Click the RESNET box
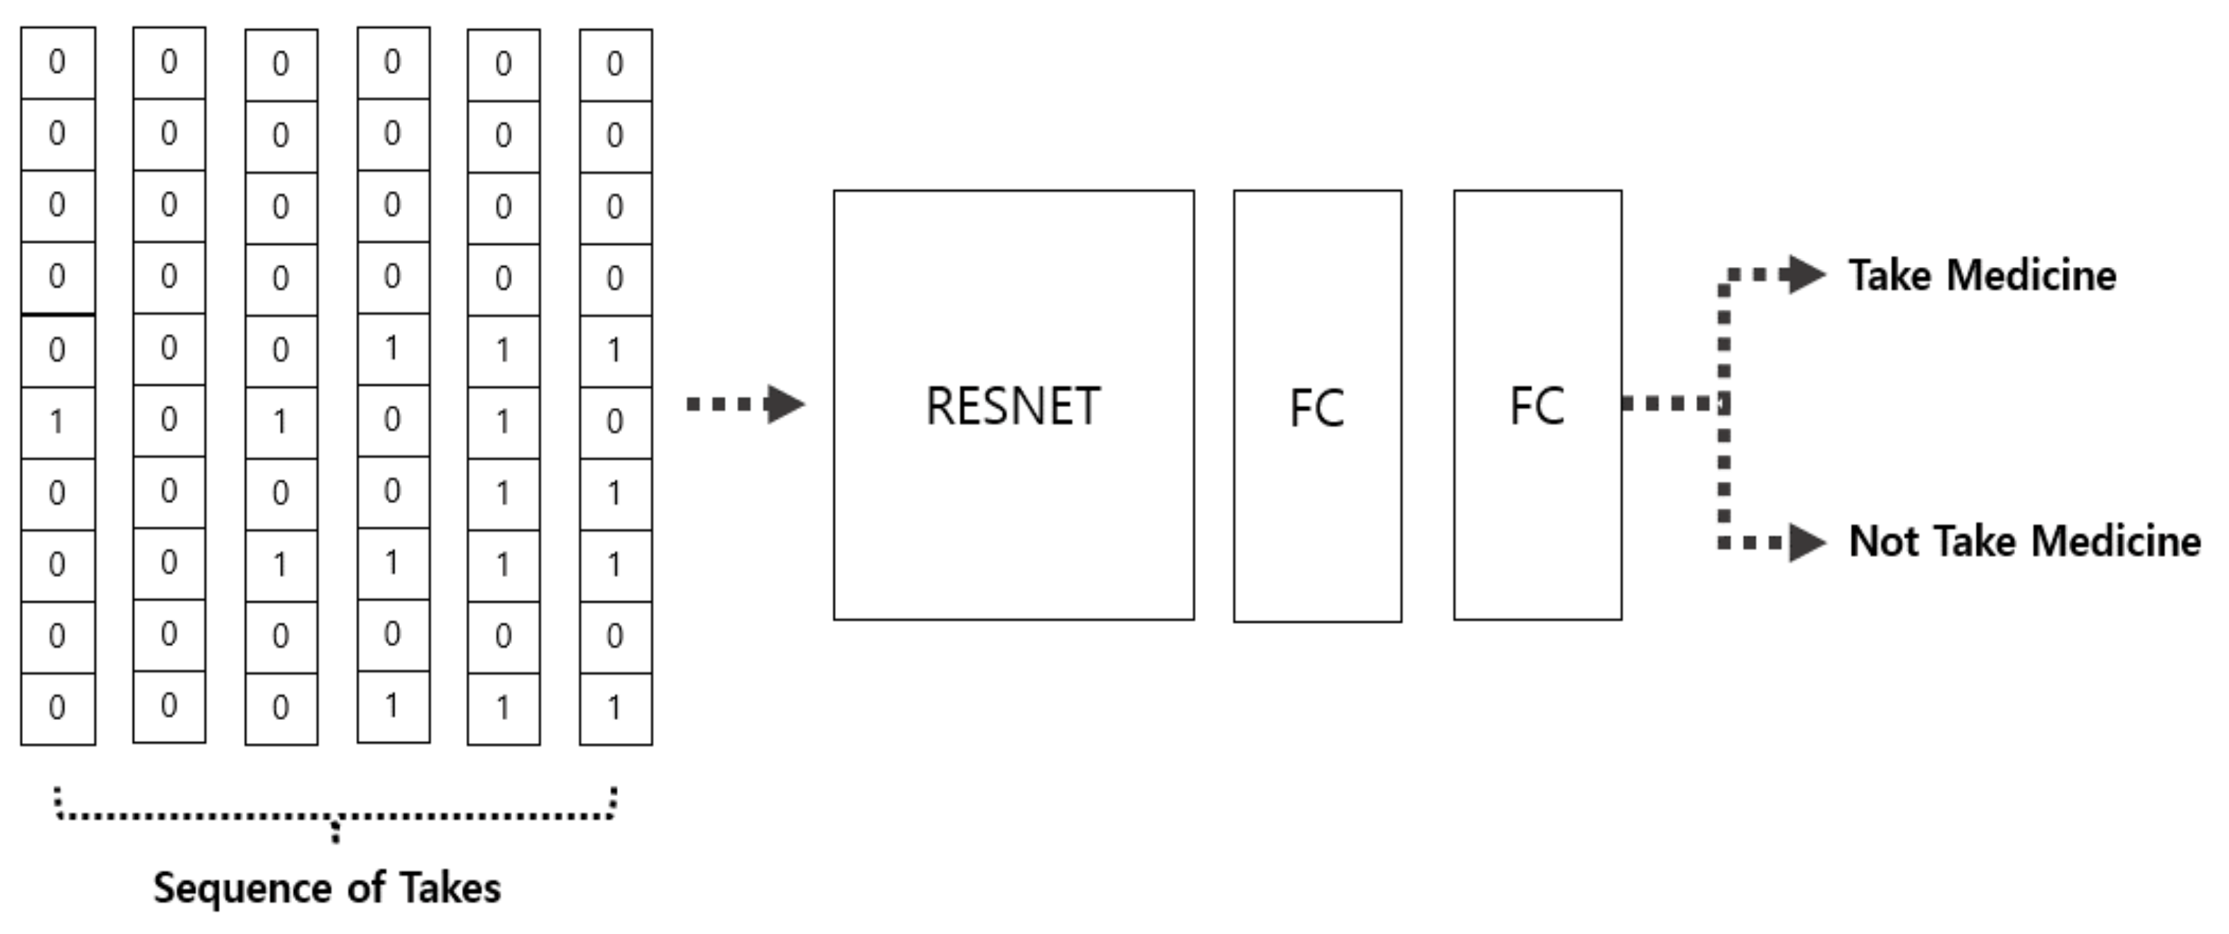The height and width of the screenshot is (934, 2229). [1013, 405]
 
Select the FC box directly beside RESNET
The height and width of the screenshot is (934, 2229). [1317, 406]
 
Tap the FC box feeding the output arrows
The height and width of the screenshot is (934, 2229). [1537, 405]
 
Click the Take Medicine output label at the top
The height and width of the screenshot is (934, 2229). [1982, 276]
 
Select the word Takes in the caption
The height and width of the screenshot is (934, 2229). [449, 888]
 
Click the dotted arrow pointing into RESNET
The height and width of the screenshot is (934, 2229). [744, 404]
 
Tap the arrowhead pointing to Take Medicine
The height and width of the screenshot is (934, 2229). [1807, 275]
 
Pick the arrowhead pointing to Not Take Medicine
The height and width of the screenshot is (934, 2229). [1807, 543]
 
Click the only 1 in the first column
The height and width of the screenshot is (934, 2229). [57, 422]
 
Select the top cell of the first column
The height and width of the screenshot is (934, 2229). [57, 62]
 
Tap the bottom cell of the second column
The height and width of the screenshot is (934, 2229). [169, 706]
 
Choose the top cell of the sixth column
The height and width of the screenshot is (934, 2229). [615, 64]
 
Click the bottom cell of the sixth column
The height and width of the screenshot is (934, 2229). [615, 708]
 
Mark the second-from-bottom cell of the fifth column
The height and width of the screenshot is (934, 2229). [504, 636]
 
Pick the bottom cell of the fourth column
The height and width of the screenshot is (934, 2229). [393, 706]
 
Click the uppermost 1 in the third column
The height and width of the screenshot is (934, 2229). [280, 422]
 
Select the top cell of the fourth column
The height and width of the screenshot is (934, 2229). [393, 62]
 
